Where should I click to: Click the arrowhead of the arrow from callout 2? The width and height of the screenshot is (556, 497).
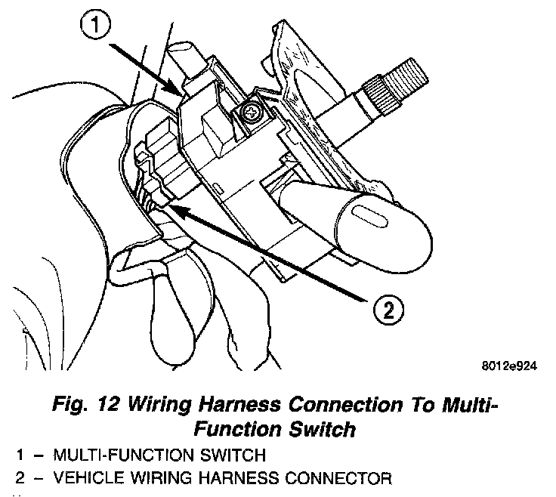point(172,204)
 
